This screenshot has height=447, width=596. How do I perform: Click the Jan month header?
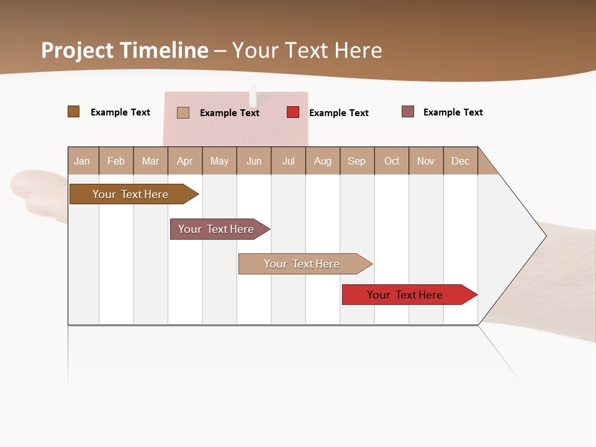click(x=83, y=161)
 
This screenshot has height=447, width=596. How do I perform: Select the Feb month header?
click(x=116, y=161)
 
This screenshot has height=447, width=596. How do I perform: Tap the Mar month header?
click(x=150, y=161)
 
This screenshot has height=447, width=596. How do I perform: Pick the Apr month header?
click(x=184, y=161)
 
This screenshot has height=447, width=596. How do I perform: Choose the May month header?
click(x=219, y=161)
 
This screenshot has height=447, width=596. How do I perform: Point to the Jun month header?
click(x=254, y=161)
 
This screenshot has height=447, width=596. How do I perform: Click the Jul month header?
click(x=288, y=161)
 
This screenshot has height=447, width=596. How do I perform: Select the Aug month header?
click(x=322, y=161)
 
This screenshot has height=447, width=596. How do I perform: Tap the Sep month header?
click(x=356, y=161)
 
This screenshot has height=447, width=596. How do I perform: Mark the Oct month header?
click(x=392, y=161)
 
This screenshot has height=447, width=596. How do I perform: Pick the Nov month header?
click(x=426, y=161)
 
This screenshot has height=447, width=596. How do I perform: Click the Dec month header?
click(x=460, y=161)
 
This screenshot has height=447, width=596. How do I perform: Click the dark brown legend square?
click(x=74, y=112)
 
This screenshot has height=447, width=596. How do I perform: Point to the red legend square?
click(x=293, y=112)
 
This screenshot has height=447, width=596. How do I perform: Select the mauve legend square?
click(x=408, y=112)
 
